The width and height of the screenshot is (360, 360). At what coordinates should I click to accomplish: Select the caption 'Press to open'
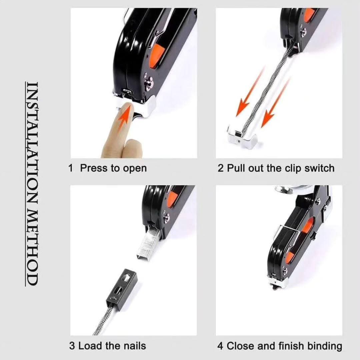pyautogui.click(x=113, y=168)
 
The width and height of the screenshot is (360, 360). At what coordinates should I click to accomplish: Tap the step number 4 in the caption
pyautogui.click(x=220, y=346)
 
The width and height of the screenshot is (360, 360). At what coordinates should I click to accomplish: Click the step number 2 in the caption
pyautogui.click(x=220, y=168)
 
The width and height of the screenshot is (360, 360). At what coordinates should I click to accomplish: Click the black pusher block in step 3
pyautogui.click(x=122, y=289)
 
